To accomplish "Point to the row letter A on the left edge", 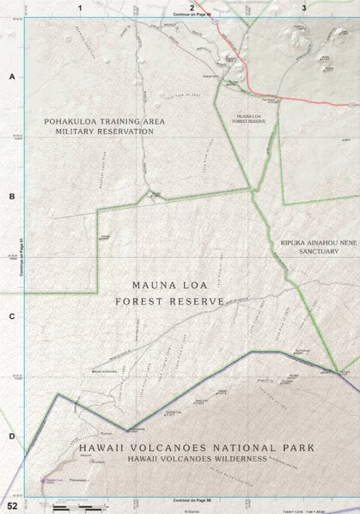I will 11,77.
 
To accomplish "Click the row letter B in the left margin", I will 11,197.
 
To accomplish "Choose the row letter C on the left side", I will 11,316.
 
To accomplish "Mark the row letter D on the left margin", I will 11,436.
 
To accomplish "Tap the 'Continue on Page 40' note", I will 191,15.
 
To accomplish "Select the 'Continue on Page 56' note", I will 191,499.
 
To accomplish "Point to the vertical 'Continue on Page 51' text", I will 20,257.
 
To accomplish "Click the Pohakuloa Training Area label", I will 104,122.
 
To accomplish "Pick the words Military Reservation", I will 104,132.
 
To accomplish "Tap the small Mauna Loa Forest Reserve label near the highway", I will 250,118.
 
